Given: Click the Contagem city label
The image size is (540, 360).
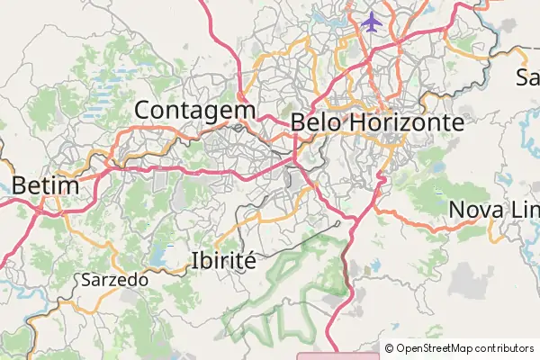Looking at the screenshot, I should pyautogui.click(x=194, y=110).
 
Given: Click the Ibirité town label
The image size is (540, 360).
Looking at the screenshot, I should pyautogui.click(x=224, y=260).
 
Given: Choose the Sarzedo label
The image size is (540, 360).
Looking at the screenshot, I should pyautogui.click(x=114, y=280).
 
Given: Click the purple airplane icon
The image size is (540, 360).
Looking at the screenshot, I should pyautogui.click(x=372, y=21).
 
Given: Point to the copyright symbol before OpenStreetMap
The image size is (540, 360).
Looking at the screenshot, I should pyautogui.click(x=389, y=348).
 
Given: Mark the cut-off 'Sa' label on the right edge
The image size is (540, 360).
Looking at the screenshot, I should pyautogui.click(x=527, y=76).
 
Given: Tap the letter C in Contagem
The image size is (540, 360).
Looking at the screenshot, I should pyautogui.click(x=143, y=110).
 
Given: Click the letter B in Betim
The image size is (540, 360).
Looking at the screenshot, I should pyautogui.click(x=21, y=186).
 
